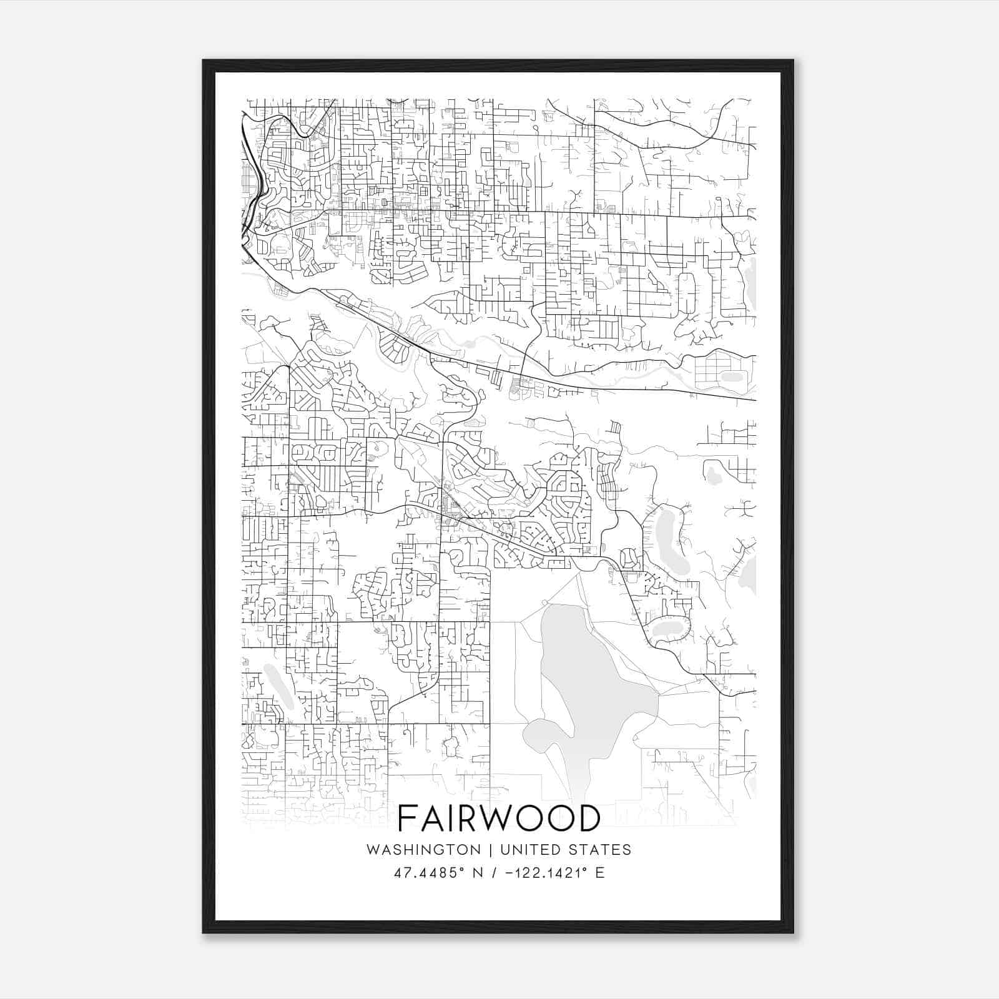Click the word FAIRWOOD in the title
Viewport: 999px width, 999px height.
pyautogui.click(x=498, y=818)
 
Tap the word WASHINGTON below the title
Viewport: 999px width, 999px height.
pyautogui.click(x=423, y=850)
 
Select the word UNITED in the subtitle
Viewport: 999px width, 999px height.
pyautogui.click(x=528, y=850)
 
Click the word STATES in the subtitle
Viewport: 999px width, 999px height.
pyautogui.click(x=601, y=850)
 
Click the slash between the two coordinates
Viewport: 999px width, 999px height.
pyautogui.click(x=496, y=873)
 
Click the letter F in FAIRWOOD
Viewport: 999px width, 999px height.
pyautogui.click(x=408, y=818)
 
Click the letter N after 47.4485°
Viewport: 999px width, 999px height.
pyautogui.click(x=478, y=873)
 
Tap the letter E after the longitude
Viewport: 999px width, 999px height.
pyautogui.click(x=600, y=873)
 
